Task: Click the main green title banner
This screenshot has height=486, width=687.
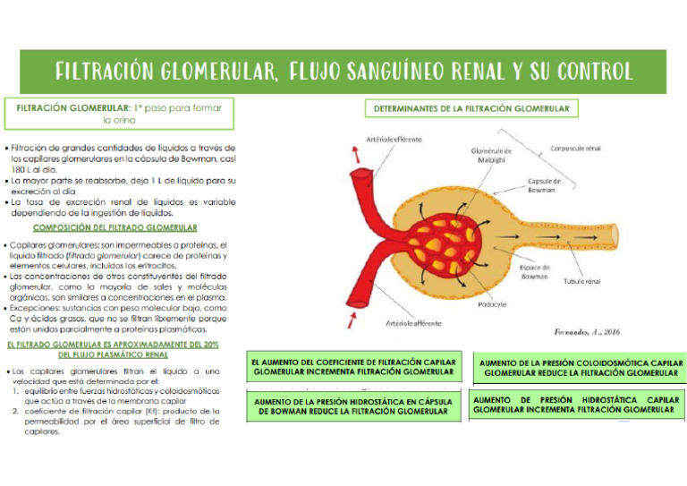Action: pyautogui.click(x=343, y=71)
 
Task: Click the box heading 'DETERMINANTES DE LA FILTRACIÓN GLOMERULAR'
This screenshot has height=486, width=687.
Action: pyautogui.click(x=471, y=109)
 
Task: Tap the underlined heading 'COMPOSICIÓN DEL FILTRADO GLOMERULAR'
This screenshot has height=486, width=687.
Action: pyautogui.click(x=122, y=228)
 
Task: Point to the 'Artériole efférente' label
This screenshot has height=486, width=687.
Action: pyautogui.click(x=394, y=141)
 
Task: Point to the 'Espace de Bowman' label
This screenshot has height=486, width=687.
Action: pyautogui.click(x=535, y=272)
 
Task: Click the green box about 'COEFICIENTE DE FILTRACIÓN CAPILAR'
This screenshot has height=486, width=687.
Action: pyautogui.click(x=353, y=365)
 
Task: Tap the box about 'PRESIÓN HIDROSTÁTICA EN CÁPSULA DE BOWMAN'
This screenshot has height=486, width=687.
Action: pyautogui.click(x=353, y=406)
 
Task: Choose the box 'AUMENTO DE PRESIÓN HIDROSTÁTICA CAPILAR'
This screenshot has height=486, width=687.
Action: pyautogui.click(x=576, y=404)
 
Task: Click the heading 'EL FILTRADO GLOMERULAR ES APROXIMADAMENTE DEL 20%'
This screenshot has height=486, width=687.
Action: pyautogui.click(x=113, y=349)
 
